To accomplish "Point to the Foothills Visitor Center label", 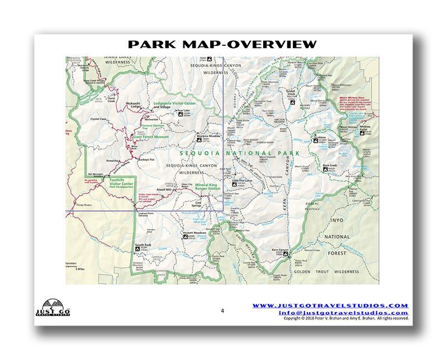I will pos(118,183).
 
